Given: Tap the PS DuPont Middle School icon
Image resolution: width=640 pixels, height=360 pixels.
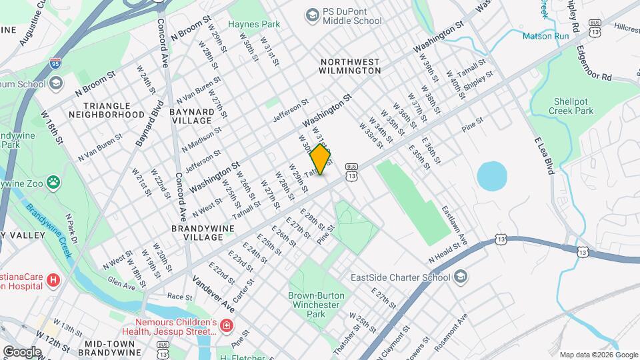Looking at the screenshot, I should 311,14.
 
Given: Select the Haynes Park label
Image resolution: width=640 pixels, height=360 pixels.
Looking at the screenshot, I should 254,24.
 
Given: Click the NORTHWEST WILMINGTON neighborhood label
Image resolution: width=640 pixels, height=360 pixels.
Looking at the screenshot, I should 350,65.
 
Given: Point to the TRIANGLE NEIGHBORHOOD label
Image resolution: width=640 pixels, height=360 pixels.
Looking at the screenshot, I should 114,110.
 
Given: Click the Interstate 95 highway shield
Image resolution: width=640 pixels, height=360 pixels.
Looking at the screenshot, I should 57,65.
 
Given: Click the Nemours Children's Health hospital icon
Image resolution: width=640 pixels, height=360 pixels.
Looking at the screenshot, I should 227,325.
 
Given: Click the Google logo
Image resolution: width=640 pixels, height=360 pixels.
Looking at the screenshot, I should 22,351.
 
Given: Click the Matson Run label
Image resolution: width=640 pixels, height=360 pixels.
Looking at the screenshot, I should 545,35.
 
